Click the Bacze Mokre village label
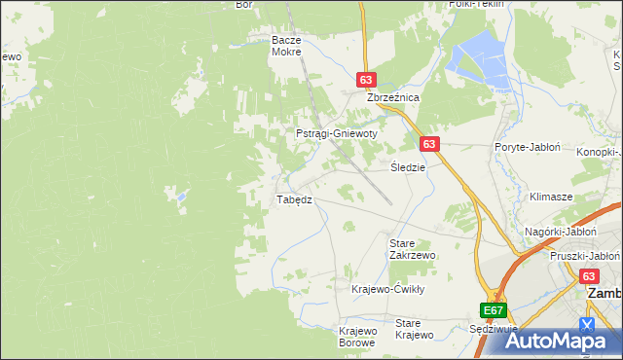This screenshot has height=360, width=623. (x=288, y=46)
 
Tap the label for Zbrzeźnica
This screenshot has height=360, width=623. (x=392, y=98)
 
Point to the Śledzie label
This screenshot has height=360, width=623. (x=408, y=166)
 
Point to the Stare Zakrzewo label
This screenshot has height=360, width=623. (x=412, y=248)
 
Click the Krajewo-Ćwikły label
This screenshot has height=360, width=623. (x=388, y=289)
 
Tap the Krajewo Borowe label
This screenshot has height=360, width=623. (x=357, y=337)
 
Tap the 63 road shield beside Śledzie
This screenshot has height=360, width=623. (x=431, y=144)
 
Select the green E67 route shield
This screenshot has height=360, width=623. (x=494, y=310)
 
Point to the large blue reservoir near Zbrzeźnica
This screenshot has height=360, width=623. (x=479, y=58)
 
